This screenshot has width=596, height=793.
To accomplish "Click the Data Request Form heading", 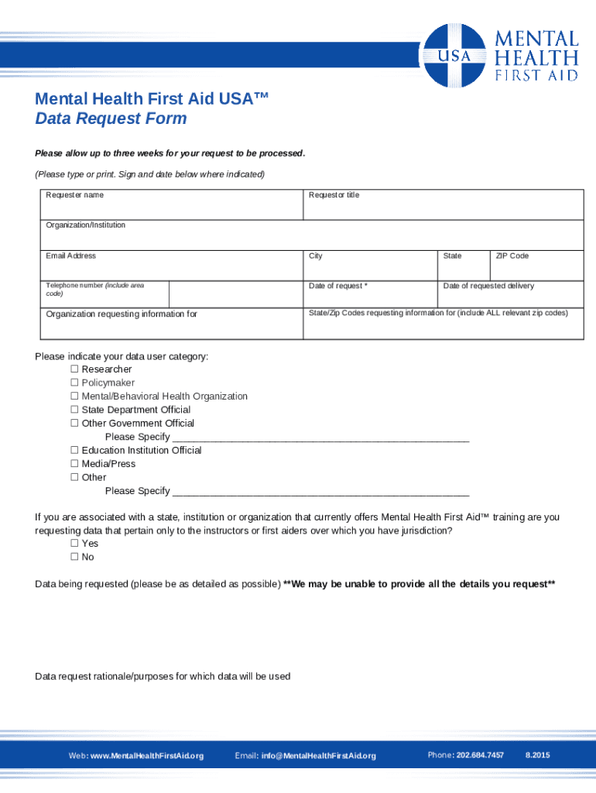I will tap(111, 118).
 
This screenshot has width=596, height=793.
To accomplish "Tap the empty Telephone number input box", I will tap(235, 295).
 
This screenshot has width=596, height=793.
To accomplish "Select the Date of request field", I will tap(368, 294).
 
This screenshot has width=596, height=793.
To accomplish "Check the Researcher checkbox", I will tap(75, 369).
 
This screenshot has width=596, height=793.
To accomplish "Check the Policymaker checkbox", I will tap(75, 383).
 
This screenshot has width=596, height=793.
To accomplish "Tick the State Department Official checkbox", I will tap(75, 410).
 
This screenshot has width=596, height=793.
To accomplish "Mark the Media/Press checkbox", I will tap(75, 464).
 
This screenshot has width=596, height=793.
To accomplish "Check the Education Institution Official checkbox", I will tap(75, 450).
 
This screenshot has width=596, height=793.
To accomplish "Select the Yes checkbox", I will tap(75, 544).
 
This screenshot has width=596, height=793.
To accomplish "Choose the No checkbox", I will tap(75, 557).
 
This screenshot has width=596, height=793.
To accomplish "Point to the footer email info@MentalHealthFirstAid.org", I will tap(318, 756).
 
